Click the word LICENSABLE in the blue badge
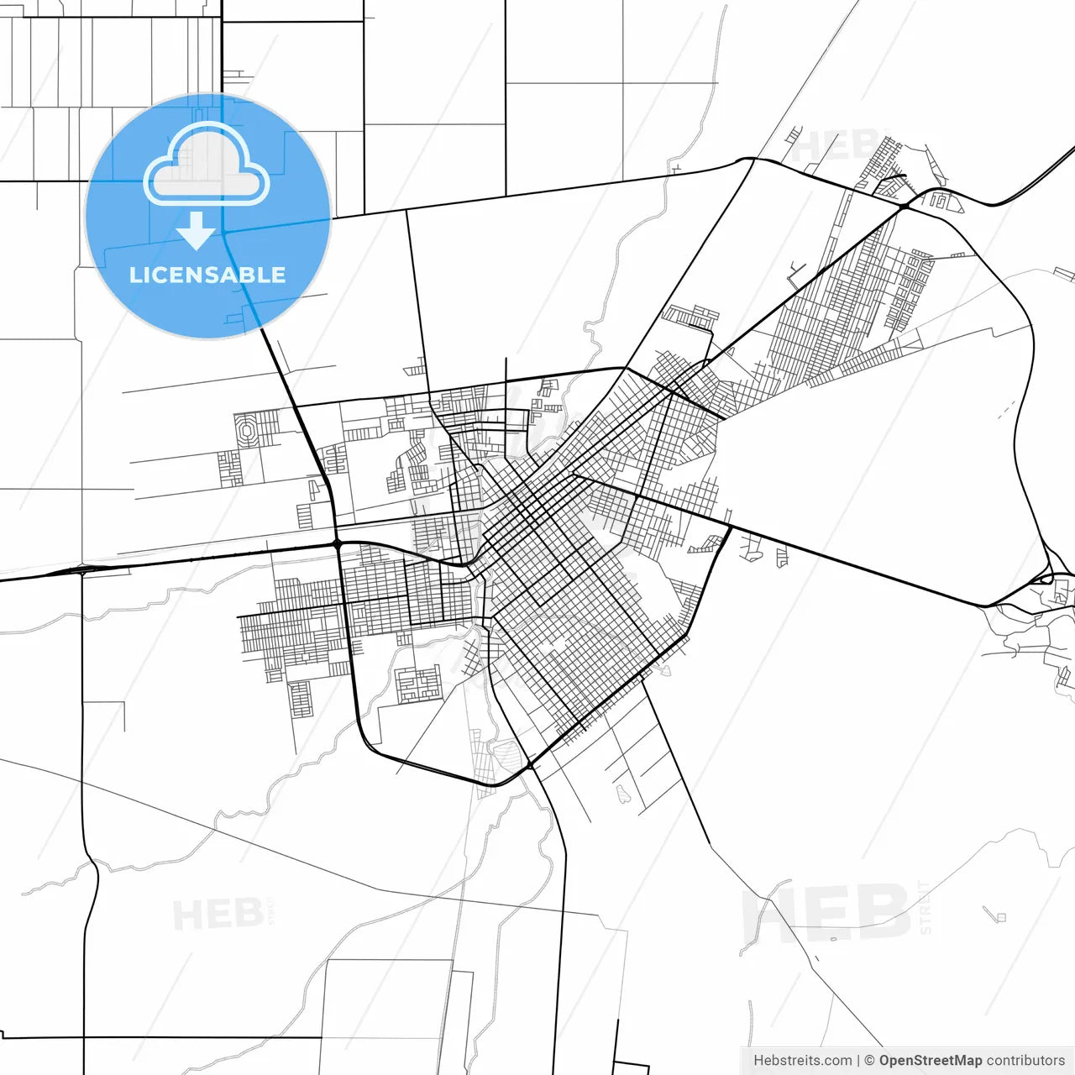[x=207, y=275]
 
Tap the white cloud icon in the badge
[x=207, y=165]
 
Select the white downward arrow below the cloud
[x=197, y=230]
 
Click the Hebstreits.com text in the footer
[x=802, y=1061]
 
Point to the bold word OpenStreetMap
[x=930, y=1061]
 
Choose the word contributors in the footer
[x=1025, y=1061]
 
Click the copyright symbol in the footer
[x=870, y=1061]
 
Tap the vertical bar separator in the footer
[x=858, y=1061]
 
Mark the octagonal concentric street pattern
[x=248, y=432]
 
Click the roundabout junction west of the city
[x=338, y=545]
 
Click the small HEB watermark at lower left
[x=218, y=914]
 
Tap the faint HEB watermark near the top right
[x=836, y=145]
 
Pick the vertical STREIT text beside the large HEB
[x=925, y=907]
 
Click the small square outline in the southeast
[x=1000, y=916]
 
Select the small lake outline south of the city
[x=622, y=793]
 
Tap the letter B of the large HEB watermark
[x=881, y=913]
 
